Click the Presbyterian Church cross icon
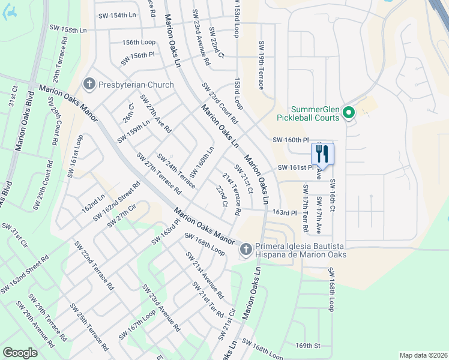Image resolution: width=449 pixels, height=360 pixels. (89, 83)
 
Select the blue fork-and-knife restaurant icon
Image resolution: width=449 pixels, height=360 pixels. (322, 154)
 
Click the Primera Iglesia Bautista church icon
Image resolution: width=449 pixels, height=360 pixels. (245, 250)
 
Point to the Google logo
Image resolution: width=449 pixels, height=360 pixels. (20, 353)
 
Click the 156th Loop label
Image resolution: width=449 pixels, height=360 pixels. (139, 43)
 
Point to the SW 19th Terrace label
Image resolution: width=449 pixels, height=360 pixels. (261, 65)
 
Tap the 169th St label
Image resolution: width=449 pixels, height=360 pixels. (309, 346)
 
